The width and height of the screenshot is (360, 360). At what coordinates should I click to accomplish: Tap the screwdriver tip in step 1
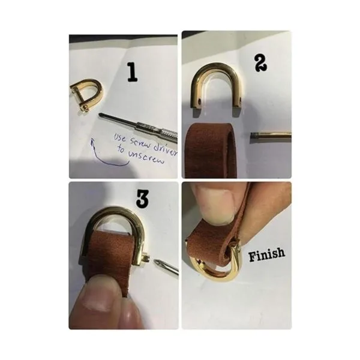pyautogui.click(x=100, y=114)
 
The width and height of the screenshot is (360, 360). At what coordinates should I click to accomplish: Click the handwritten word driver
pyautogui.click(x=166, y=149)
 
